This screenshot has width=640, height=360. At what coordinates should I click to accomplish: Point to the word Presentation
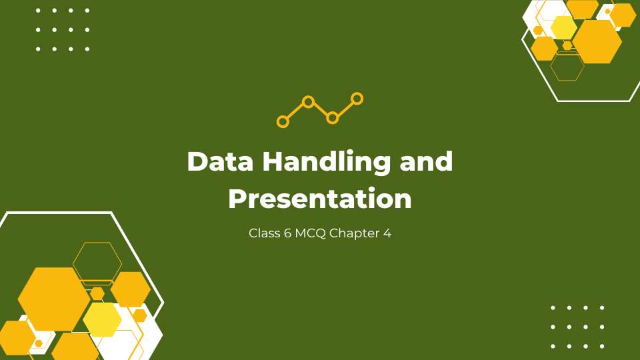click(320, 199)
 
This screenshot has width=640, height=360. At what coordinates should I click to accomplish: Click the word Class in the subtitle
click(263, 234)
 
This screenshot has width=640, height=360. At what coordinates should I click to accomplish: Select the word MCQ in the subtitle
click(310, 234)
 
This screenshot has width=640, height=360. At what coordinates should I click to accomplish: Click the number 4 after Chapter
click(387, 234)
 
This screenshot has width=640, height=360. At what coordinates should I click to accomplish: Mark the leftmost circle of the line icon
click(283, 121)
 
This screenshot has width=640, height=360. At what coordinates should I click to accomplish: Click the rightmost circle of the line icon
click(357, 99)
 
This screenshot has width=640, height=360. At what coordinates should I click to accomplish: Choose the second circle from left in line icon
click(308, 102)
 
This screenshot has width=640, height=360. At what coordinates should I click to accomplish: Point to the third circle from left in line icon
click(333, 118)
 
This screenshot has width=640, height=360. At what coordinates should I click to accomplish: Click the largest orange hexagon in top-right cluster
click(597, 41)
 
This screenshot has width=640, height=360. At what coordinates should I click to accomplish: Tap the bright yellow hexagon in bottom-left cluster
click(102, 319)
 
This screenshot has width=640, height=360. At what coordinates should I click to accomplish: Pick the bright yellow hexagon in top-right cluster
click(564, 27)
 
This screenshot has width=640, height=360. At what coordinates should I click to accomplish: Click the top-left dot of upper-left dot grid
click(38, 11)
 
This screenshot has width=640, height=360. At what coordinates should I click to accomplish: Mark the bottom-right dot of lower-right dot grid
click(602, 346)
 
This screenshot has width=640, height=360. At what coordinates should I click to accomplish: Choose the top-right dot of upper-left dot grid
click(87, 11)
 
